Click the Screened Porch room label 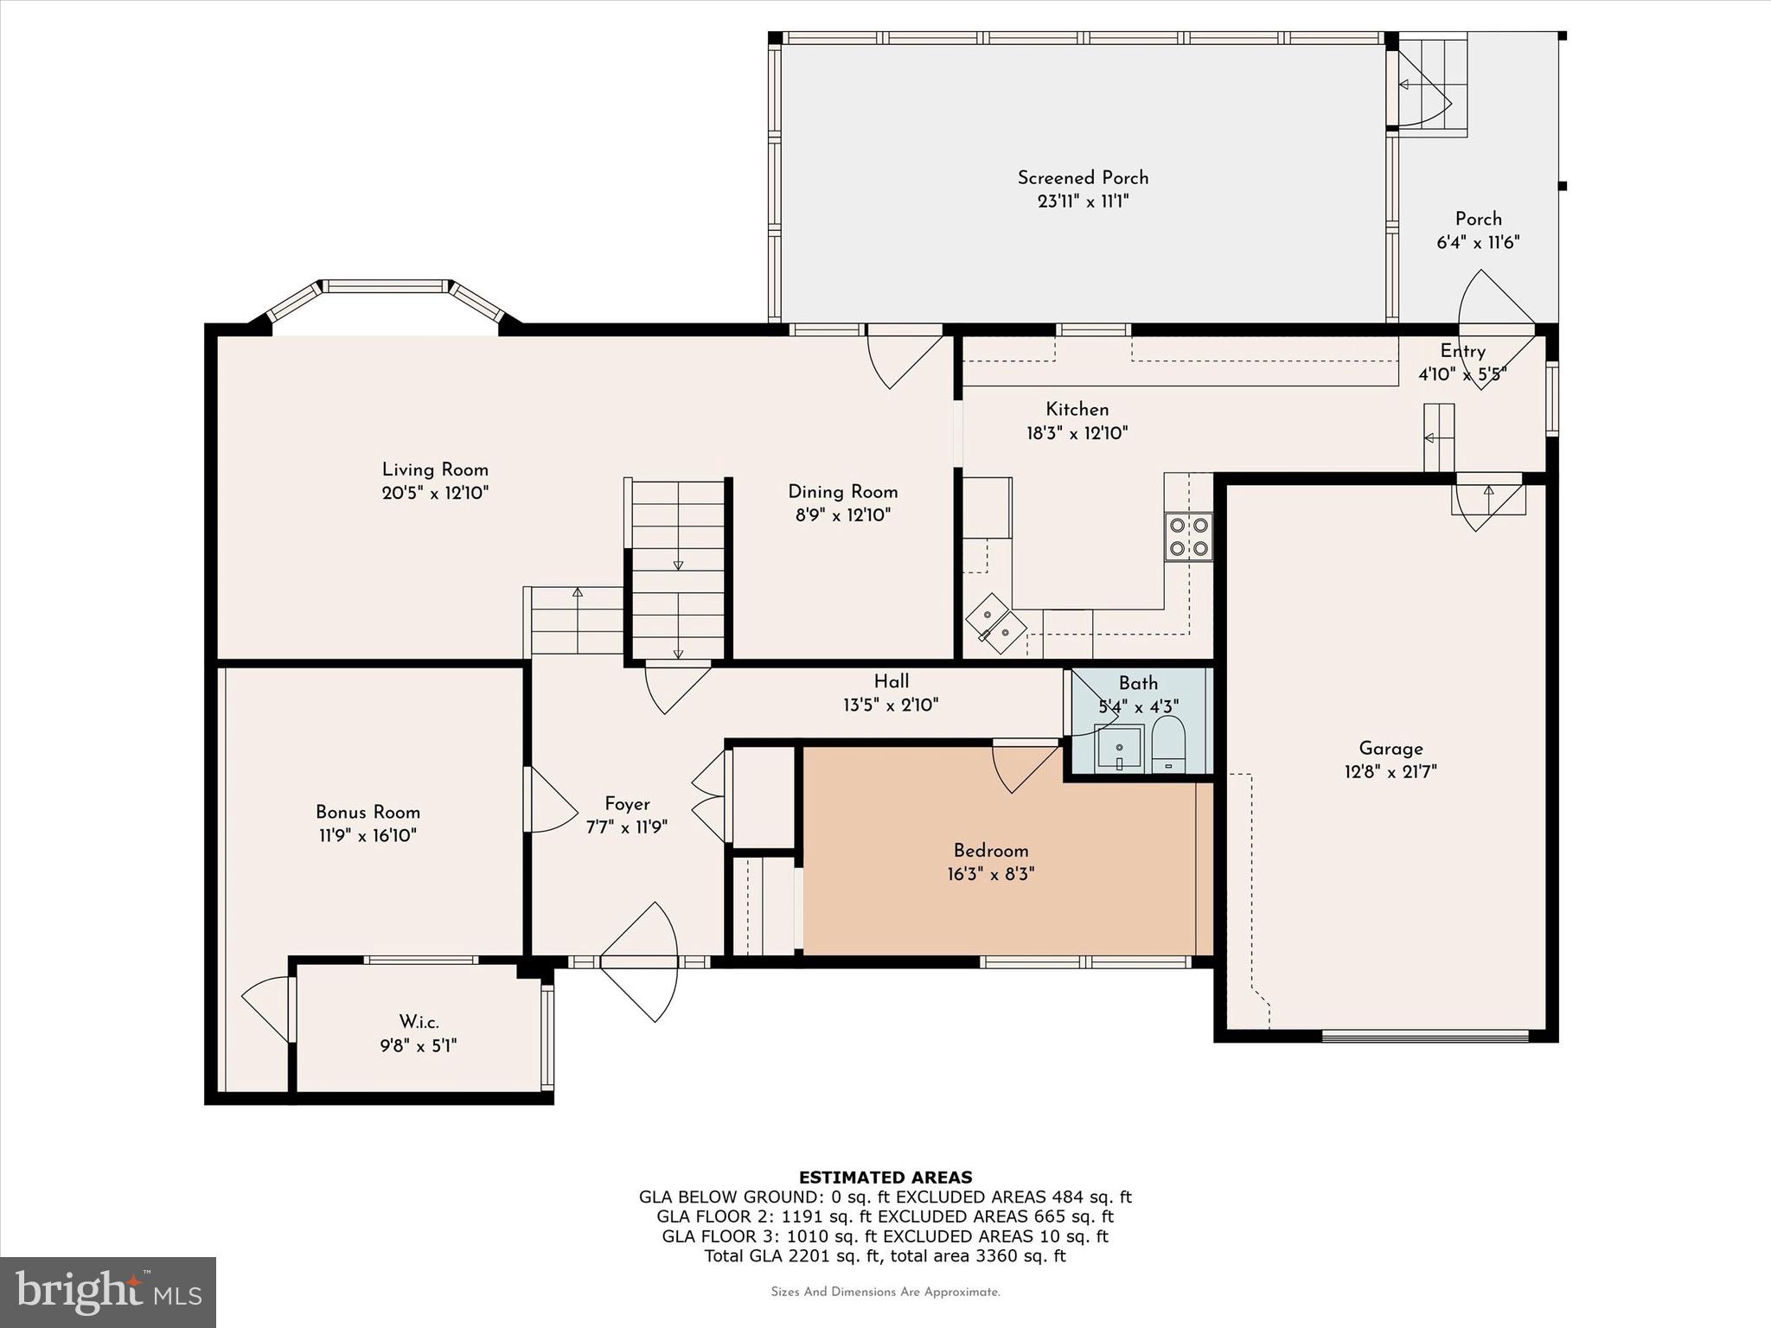(x=1083, y=177)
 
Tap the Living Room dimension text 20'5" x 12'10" (x=436, y=493)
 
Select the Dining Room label (x=843, y=492)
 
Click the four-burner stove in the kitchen (x=1188, y=537)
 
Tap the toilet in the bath (x=1167, y=744)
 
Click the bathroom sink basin (x=1120, y=749)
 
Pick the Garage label (x=1391, y=749)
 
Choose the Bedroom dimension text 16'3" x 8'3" (x=991, y=873)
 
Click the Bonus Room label (x=368, y=812)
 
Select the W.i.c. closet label (x=419, y=1022)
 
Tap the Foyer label (x=627, y=804)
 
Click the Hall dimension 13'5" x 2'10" (x=891, y=705)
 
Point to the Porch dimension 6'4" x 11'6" (x=1479, y=242)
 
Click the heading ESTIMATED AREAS (x=885, y=1177)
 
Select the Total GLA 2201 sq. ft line (x=885, y=1255)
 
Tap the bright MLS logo (x=108, y=1293)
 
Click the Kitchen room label (x=1077, y=409)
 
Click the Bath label (x=1138, y=683)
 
